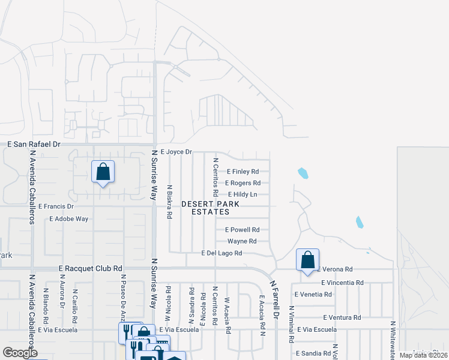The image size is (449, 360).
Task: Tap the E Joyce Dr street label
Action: click(x=176, y=152)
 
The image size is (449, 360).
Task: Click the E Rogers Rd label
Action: click(x=243, y=183)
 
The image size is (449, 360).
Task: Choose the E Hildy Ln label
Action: click(x=243, y=194)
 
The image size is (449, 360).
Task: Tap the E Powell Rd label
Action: click(x=242, y=230)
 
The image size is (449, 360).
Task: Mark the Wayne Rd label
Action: click(x=242, y=241)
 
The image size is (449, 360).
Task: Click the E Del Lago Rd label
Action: click(x=221, y=254)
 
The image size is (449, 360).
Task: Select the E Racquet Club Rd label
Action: click(x=91, y=269)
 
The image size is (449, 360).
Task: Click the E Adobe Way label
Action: click(x=68, y=219)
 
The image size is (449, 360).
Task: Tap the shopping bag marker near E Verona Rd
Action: click(x=307, y=260)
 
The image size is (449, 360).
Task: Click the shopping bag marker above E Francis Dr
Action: click(x=103, y=172)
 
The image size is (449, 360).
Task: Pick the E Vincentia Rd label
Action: click(x=342, y=283)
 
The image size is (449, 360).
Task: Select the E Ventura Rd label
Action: click(x=342, y=317)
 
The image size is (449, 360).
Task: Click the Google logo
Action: click(x=20, y=353)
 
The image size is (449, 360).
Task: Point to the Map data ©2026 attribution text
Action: click(x=423, y=355)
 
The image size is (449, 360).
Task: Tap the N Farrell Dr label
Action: click(x=275, y=298)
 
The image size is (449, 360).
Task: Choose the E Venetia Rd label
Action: click(x=313, y=295)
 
